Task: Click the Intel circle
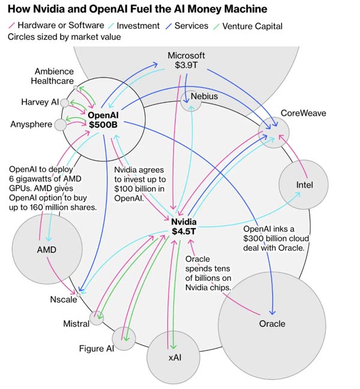point(304,184)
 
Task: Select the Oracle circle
point(272,324)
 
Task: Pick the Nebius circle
point(192,100)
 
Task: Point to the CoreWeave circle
point(274,132)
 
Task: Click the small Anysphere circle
point(61,125)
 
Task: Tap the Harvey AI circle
point(65,103)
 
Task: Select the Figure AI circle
point(124,338)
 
